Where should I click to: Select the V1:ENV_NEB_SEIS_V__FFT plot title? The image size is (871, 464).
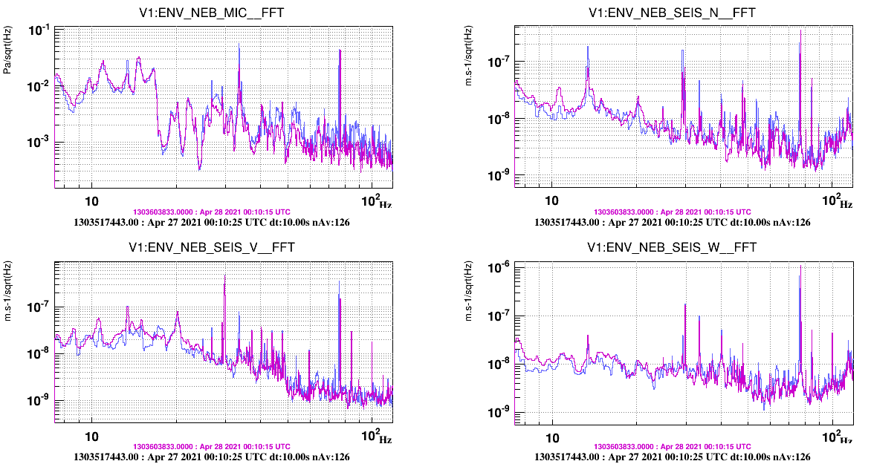[x=212, y=247]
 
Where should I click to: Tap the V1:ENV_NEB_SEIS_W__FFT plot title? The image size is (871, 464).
[x=672, y=247]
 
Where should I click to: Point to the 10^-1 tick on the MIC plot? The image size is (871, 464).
[x=39, y=30]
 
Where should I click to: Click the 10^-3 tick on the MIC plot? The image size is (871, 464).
[x=39, y=142]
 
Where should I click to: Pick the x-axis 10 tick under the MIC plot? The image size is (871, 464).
[x=91, y=201]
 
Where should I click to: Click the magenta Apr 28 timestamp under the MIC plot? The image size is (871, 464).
[x=212, y=212]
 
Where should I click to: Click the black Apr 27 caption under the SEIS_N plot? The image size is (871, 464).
[x=672, y=222]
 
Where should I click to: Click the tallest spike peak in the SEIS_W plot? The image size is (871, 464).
[x=800, y=267]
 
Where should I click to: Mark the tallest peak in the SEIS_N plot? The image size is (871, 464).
[x=800, y=30]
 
